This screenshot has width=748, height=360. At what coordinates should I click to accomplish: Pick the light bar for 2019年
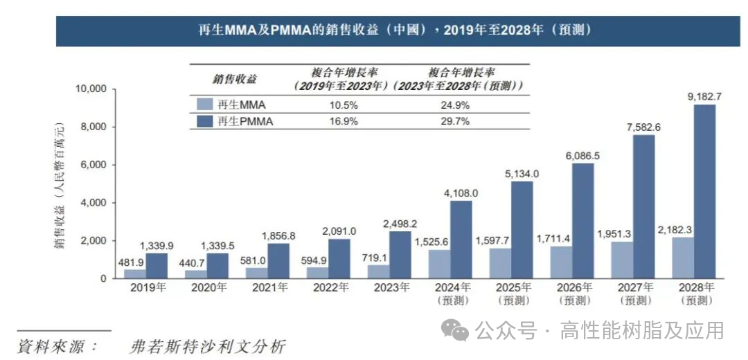pyautogui.click(x=135, y=273)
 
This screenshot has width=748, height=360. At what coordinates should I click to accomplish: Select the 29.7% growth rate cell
pyautogui.click(x=456, y=121)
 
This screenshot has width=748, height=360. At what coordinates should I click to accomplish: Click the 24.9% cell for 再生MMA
pyautogui.click(x=456, y=105)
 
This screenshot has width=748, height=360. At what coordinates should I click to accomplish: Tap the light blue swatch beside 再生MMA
pyautogui.click(x=204, y=105)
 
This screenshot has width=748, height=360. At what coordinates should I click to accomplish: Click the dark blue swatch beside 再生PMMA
pyautogui.click(x=204, y=121)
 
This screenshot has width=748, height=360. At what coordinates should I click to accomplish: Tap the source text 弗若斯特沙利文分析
pyautogui.click(x=207, y=346)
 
